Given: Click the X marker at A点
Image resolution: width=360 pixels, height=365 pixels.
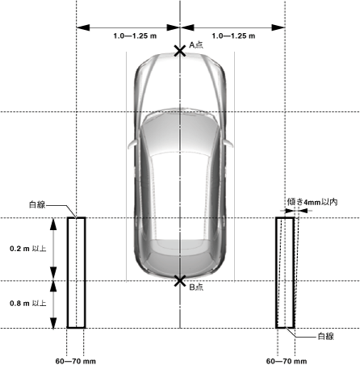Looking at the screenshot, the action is click(x=180, y=51).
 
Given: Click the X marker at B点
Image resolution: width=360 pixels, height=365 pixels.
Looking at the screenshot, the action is click(x=180, y=281).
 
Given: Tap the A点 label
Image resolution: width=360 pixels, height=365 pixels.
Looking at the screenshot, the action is click(x=196, y=44).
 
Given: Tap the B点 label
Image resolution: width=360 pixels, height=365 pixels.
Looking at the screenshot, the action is click(x=196, y=287).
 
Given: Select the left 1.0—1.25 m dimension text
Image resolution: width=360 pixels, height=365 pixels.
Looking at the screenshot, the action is click(x=135, y=36).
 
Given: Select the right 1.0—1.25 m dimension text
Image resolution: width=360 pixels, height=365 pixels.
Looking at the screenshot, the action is click(x=233, y=36).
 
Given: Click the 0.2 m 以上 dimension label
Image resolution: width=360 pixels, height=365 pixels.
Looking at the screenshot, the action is click(x=28, y=249).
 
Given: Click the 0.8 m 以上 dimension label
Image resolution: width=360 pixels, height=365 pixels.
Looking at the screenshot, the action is click(x=28, y=304).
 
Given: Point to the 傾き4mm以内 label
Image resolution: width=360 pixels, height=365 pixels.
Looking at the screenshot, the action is click(x=312, y=202).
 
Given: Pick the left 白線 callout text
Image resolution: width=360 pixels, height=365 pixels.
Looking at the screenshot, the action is click(x=37, y=205).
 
